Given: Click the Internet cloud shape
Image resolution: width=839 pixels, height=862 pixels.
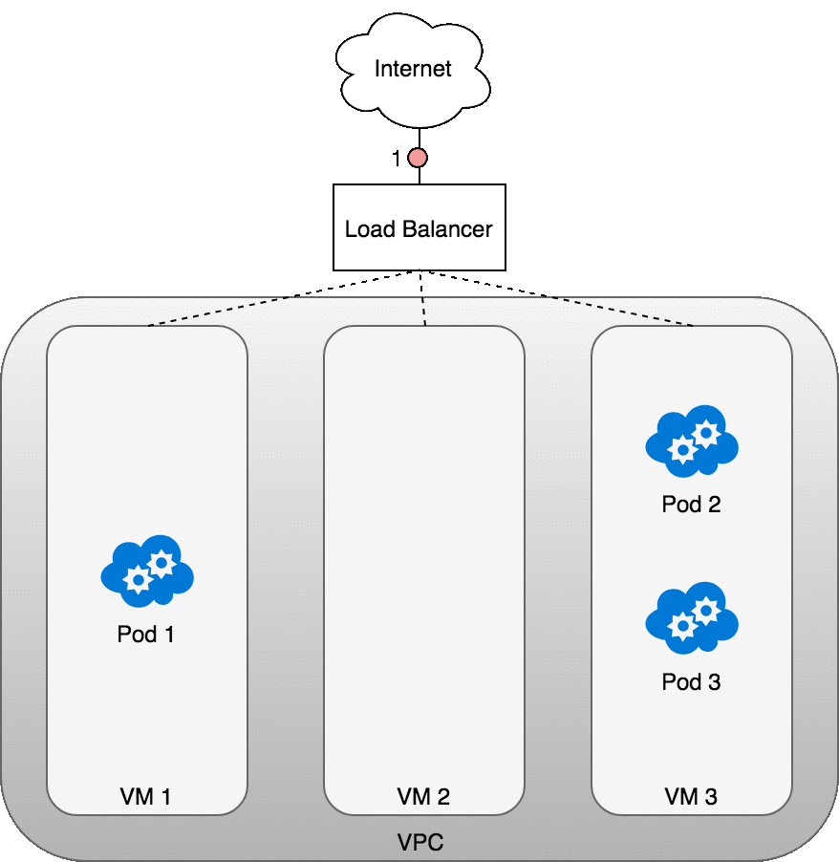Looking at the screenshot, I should pos(413,73).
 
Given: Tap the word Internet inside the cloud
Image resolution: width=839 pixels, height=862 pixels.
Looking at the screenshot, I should pos(413,69).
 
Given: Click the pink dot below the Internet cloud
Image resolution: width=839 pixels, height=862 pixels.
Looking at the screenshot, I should pos(418,159).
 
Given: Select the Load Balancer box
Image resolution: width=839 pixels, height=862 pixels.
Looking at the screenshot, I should pos(419,228).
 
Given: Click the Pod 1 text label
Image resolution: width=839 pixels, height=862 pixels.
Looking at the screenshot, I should pos(145,634).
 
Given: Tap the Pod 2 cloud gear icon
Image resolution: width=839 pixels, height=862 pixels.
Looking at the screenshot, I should pos(692,441).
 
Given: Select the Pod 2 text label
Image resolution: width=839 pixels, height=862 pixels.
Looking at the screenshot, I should pos(691,505).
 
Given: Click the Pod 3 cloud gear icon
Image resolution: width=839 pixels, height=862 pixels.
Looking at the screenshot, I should pos(692,615).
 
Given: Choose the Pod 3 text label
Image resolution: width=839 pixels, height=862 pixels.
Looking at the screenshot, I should pos(691,682).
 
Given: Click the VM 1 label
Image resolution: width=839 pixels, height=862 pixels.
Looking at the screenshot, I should pos(145,796).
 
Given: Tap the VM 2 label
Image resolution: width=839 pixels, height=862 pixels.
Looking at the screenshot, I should pos(423,796).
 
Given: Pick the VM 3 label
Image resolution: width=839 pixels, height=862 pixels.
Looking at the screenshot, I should pos(691,796).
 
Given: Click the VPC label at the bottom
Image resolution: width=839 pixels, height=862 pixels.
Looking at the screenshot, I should pos(420,843).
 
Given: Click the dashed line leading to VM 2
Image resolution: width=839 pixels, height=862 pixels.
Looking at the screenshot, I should pos(423,312).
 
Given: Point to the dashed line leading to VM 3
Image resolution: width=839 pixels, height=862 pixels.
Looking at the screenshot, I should pos(620,312).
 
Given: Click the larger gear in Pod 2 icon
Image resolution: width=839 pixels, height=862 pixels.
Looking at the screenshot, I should pos(706,433).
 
